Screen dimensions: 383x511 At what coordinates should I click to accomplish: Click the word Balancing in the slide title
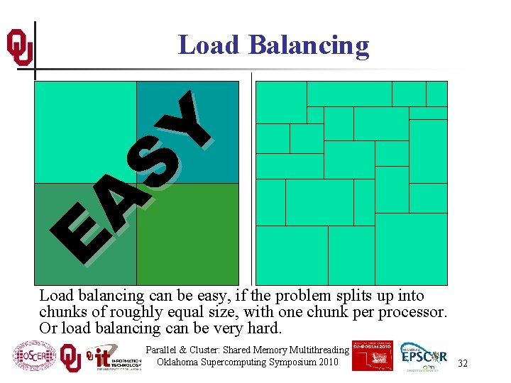click(309, 45)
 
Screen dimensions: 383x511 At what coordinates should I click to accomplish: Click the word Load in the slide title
click(209, 45)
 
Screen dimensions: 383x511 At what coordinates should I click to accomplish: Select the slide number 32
click(463, 363)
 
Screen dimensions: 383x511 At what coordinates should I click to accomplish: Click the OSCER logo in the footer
click(34, 357)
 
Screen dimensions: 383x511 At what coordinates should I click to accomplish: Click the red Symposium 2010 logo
click(372, 355)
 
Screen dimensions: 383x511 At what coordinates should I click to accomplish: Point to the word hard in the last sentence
click(265, 328)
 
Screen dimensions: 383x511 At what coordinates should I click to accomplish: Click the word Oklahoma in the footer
click(180, 362)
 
